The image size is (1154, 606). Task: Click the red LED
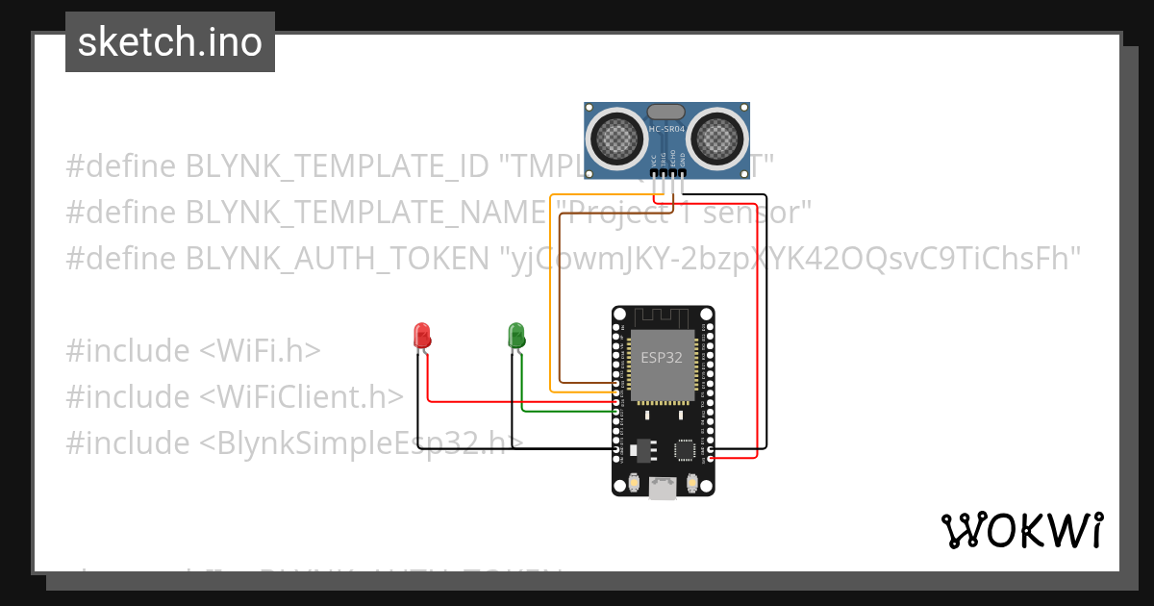tap(421, 335)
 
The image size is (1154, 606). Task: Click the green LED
tap(516, 335)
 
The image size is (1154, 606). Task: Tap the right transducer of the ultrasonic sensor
tap(717, 137)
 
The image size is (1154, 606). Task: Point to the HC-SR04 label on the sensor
tap(666, 129)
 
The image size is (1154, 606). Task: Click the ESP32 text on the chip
tap(663, 357)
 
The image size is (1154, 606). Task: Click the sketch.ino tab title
tap(170, 42)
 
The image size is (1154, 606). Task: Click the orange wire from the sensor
tap(550, 289)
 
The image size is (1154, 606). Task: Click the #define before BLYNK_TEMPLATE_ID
tap(121, 166)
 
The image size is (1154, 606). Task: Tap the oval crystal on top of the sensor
tap(666, 113)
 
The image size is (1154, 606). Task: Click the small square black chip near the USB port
tap(686, 449)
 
